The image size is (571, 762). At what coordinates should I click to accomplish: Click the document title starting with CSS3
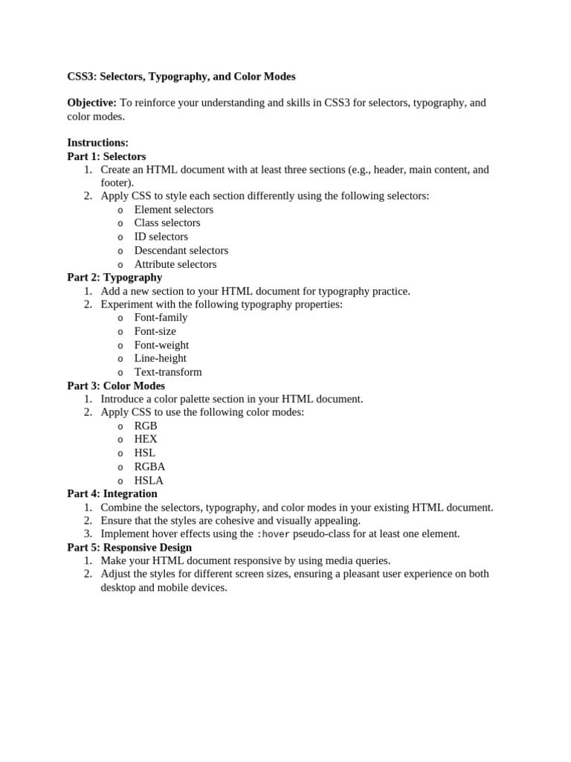(181, 77)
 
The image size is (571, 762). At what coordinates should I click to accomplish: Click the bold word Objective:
(91, 103)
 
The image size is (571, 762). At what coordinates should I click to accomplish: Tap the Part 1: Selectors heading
(106, 156)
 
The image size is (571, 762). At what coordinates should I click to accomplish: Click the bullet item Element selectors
(173, 210)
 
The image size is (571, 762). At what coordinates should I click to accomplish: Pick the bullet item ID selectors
(161, 237)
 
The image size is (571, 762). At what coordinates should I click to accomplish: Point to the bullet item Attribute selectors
(175, 264)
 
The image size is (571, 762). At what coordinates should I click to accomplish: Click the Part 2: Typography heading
(114, 278)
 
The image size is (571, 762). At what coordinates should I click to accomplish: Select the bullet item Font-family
(161, 318)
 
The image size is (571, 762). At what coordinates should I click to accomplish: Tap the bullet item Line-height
(160, 358)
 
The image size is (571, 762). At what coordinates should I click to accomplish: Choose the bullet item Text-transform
(168, 372)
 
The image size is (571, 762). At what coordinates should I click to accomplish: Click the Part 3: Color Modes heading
(116, 385)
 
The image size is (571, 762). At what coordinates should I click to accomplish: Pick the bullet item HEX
(146, 439)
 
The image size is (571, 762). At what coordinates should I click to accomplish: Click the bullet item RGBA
(149, 467)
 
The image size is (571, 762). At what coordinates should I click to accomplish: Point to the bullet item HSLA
(149, 480)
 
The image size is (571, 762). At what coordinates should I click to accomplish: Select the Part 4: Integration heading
(112, 493)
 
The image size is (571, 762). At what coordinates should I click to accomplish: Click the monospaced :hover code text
(273, 534)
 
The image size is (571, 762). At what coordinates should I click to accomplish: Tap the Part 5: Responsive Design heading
(129, 547)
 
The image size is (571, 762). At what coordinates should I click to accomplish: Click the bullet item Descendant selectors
(181, 251)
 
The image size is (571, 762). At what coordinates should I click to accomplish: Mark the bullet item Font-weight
(161, 345)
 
